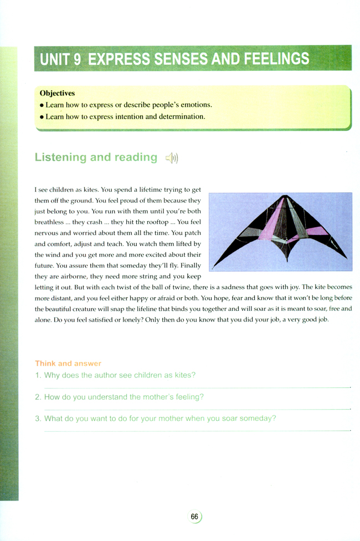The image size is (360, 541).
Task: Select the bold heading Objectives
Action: click(58, 94)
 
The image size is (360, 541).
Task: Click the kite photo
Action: click(281, 231)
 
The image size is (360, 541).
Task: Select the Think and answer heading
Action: click(68, 364)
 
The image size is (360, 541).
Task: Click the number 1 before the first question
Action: click(37, 376)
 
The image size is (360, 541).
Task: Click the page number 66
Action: click(194, 517)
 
